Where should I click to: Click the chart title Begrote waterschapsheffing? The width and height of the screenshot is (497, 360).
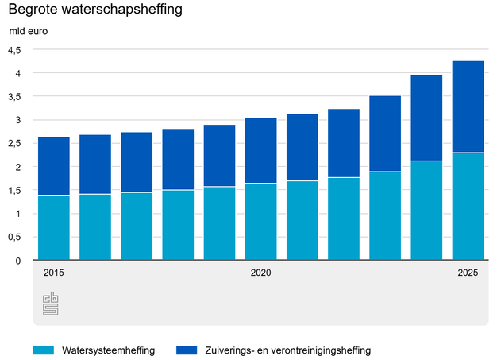(94, 10)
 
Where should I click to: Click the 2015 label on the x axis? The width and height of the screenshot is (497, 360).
(54, 273)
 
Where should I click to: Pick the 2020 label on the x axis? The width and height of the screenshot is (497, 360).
(260, 273)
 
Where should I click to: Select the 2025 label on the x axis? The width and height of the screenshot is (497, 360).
(468, 273)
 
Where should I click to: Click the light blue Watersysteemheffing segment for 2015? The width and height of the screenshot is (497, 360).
(54, 228)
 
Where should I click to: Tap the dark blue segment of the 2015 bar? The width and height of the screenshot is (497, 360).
(54, 166)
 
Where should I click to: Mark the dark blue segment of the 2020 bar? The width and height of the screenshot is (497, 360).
(260, 150)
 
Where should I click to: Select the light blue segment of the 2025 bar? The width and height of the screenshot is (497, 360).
(468, 207)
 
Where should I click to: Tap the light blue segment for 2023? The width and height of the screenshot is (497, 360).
(385, 216)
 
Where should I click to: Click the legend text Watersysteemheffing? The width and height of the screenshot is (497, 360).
(107, 350)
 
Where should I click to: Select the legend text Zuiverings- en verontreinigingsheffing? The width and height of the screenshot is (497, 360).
(287, 350)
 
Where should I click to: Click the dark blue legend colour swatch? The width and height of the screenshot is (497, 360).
(184, 350)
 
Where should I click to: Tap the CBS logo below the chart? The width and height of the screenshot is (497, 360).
(51, 303)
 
